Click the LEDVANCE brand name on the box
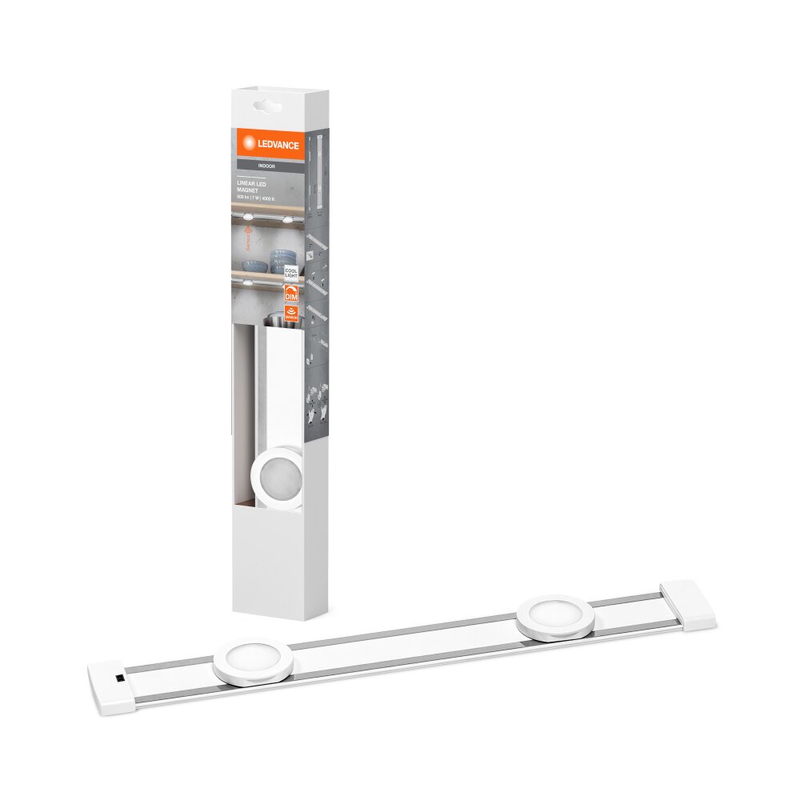(278, 145)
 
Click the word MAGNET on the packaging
(262, 190)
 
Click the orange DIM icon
(291, 294)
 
